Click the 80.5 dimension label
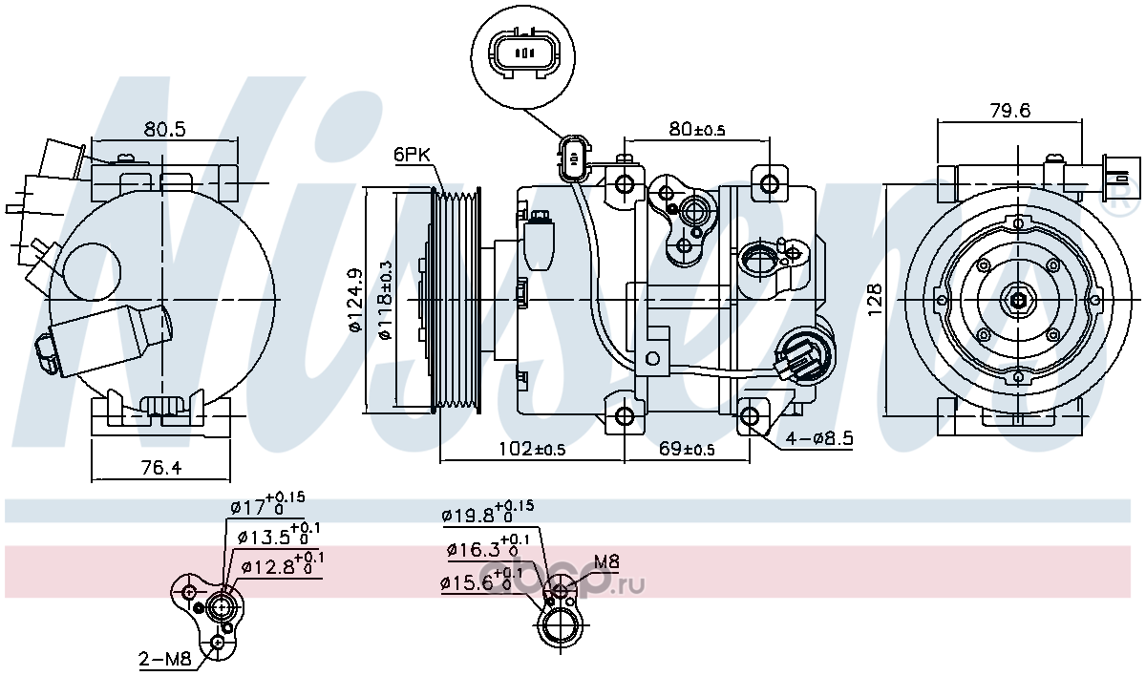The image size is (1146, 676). pos(163,129)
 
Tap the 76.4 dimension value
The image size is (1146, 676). pos(160,467)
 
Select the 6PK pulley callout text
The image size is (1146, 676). pos(412,155)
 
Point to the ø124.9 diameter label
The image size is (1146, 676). pos(355,300)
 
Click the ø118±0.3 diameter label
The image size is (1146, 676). pos(385,300)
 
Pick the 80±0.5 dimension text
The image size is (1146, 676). pos(697,129)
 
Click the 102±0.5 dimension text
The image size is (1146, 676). pos(532,448)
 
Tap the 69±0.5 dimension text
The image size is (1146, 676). pos(687,448)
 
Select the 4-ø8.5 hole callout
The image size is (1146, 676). pos(819,437)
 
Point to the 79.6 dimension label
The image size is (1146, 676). pos(1010,110)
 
